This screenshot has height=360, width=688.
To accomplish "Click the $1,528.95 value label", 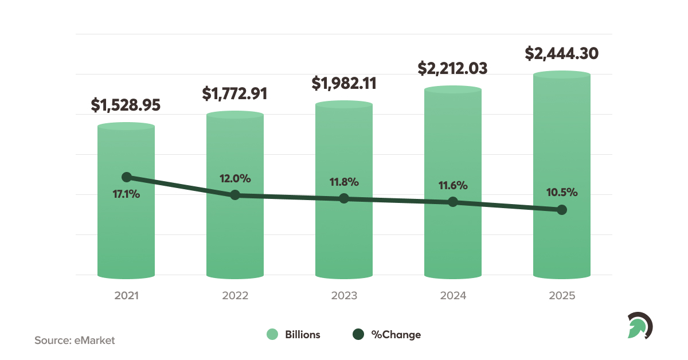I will coord(126,105).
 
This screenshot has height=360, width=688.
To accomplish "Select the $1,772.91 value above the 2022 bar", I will coord(234,93).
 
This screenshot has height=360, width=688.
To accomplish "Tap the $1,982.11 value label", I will coord(344,83).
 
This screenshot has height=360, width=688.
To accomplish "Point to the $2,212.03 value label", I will coord(452,69).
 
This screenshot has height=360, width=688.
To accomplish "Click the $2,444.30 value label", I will coord(562,53).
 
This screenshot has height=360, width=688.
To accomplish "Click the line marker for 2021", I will coord(127,177).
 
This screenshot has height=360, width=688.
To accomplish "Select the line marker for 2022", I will coord(235,195).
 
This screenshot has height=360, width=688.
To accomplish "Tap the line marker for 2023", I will coord(344,198).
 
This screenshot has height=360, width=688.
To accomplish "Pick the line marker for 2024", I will coord(453,202).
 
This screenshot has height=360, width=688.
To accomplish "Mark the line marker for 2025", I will coord(562,210).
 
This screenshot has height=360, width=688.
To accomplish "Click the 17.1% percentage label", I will coord(126,194).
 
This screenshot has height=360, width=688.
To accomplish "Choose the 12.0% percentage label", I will coord(235,178).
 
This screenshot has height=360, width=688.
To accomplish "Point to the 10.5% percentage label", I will coord(562,193).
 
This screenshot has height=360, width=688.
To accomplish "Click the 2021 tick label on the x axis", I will coord(126,296).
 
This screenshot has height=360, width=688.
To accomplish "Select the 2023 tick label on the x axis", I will coord(344,296).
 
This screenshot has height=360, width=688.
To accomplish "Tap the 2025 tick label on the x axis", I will coord(562,296).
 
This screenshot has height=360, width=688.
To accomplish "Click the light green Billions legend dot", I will coord(272,334).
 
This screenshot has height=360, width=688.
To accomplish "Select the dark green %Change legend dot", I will coord(358,334).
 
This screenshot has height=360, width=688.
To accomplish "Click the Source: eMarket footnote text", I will coord(75,340).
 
